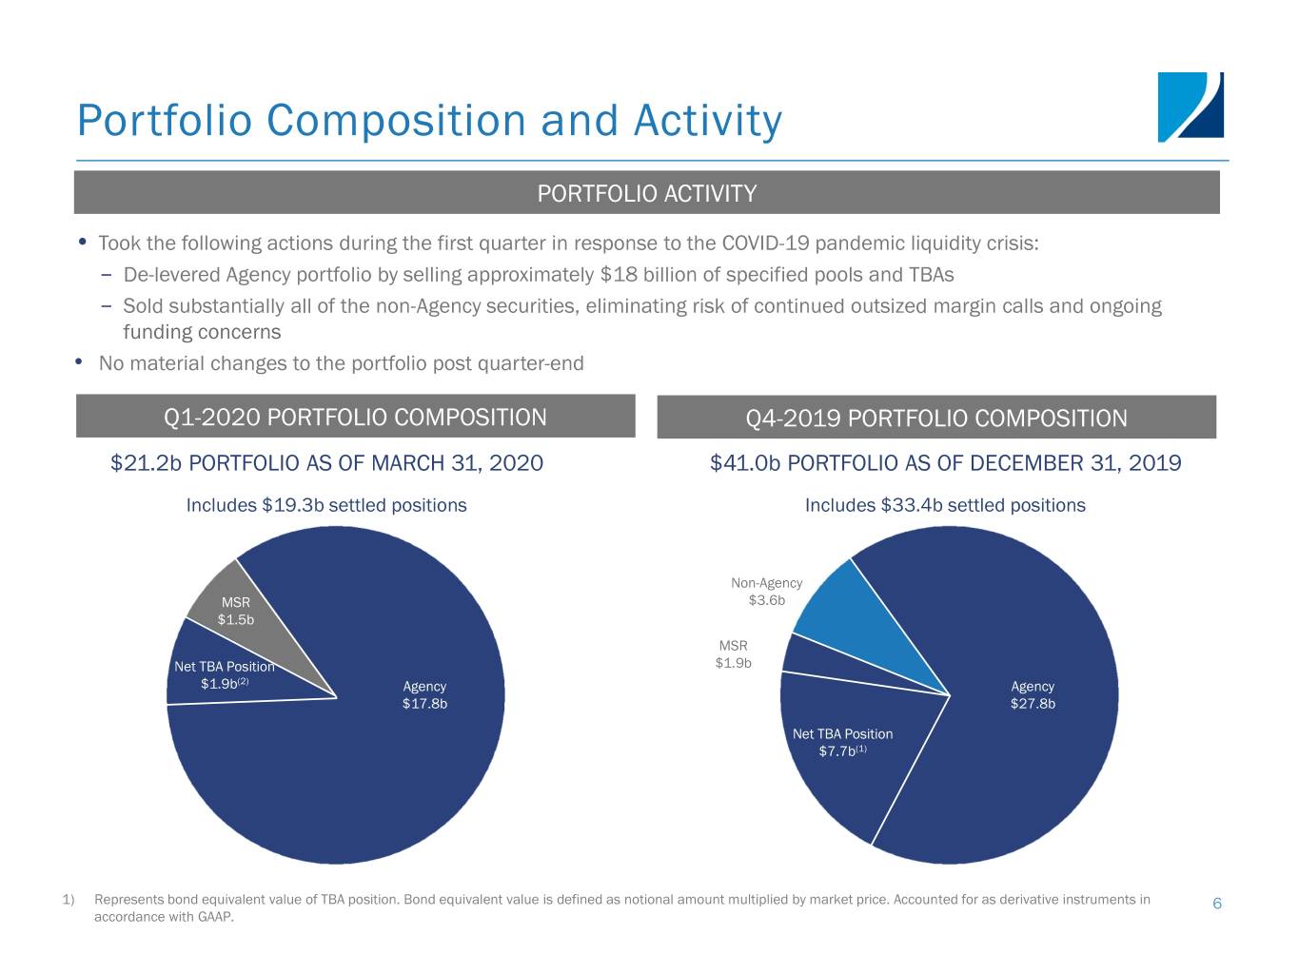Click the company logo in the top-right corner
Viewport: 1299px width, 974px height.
1190,107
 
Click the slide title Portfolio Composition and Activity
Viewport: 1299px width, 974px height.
429,121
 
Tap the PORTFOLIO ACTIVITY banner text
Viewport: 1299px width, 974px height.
647,194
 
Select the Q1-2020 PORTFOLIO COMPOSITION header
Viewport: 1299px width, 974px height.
355,418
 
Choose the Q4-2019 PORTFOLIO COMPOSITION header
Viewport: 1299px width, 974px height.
936,419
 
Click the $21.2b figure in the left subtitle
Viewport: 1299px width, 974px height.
146,463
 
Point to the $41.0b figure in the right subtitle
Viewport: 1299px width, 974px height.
745,463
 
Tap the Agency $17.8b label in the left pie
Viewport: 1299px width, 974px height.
424,695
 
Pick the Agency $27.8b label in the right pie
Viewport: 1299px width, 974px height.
1033,695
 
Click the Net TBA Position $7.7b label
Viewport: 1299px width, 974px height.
842,743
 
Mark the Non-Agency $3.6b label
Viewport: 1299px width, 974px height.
766,592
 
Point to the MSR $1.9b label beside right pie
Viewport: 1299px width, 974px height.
733,654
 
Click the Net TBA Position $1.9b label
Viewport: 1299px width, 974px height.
224,674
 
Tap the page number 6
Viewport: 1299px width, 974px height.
1217,904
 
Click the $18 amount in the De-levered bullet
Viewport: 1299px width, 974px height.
619,275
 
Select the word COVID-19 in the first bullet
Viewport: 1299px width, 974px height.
766,243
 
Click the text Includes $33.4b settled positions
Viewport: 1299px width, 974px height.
945,505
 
